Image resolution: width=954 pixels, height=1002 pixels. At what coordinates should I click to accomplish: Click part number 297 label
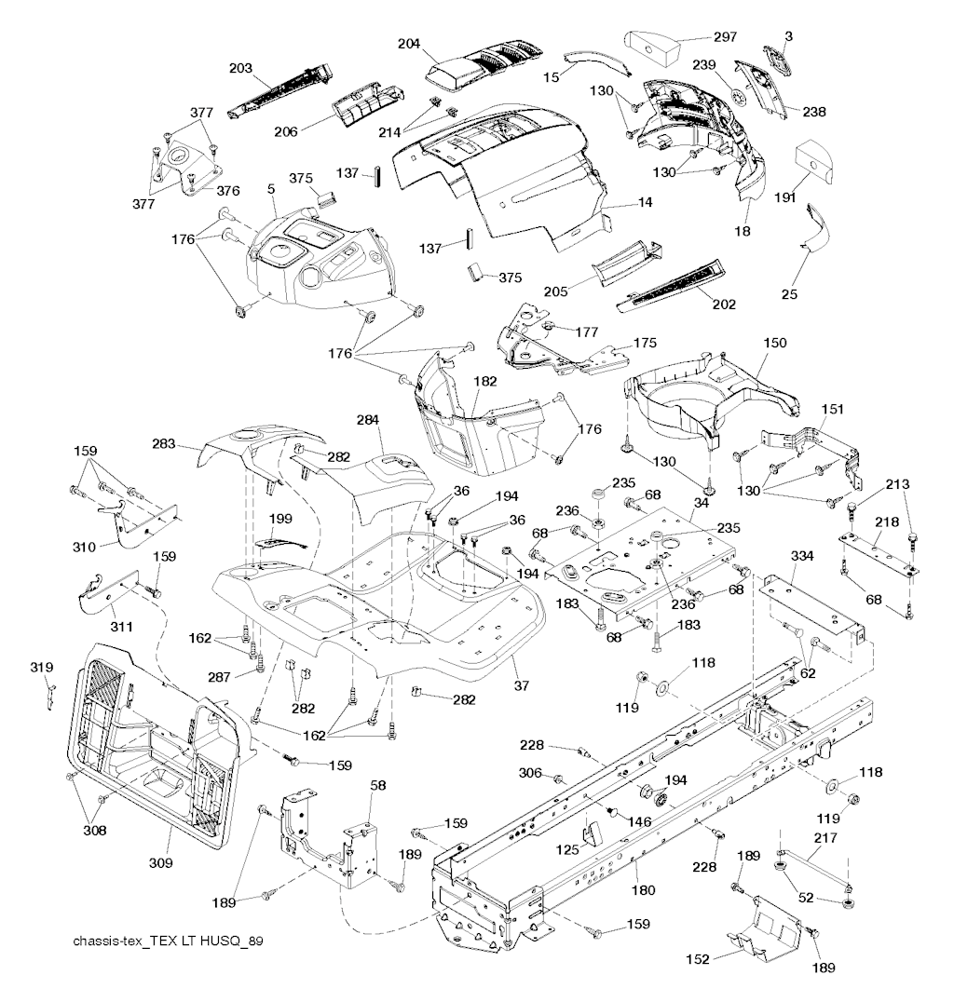click(725, 37)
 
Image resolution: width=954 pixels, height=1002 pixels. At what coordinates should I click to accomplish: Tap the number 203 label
click(241, 67)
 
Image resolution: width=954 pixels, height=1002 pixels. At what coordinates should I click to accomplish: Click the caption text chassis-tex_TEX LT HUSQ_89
click(168, 941)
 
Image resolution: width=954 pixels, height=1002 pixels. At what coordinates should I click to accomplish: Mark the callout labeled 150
click(774, 343)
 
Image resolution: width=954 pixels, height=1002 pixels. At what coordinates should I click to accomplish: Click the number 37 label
click(521, 686)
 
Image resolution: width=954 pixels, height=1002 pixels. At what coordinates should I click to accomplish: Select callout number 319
click(43, 667)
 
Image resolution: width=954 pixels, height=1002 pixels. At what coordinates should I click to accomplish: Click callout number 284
click(370, 421)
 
